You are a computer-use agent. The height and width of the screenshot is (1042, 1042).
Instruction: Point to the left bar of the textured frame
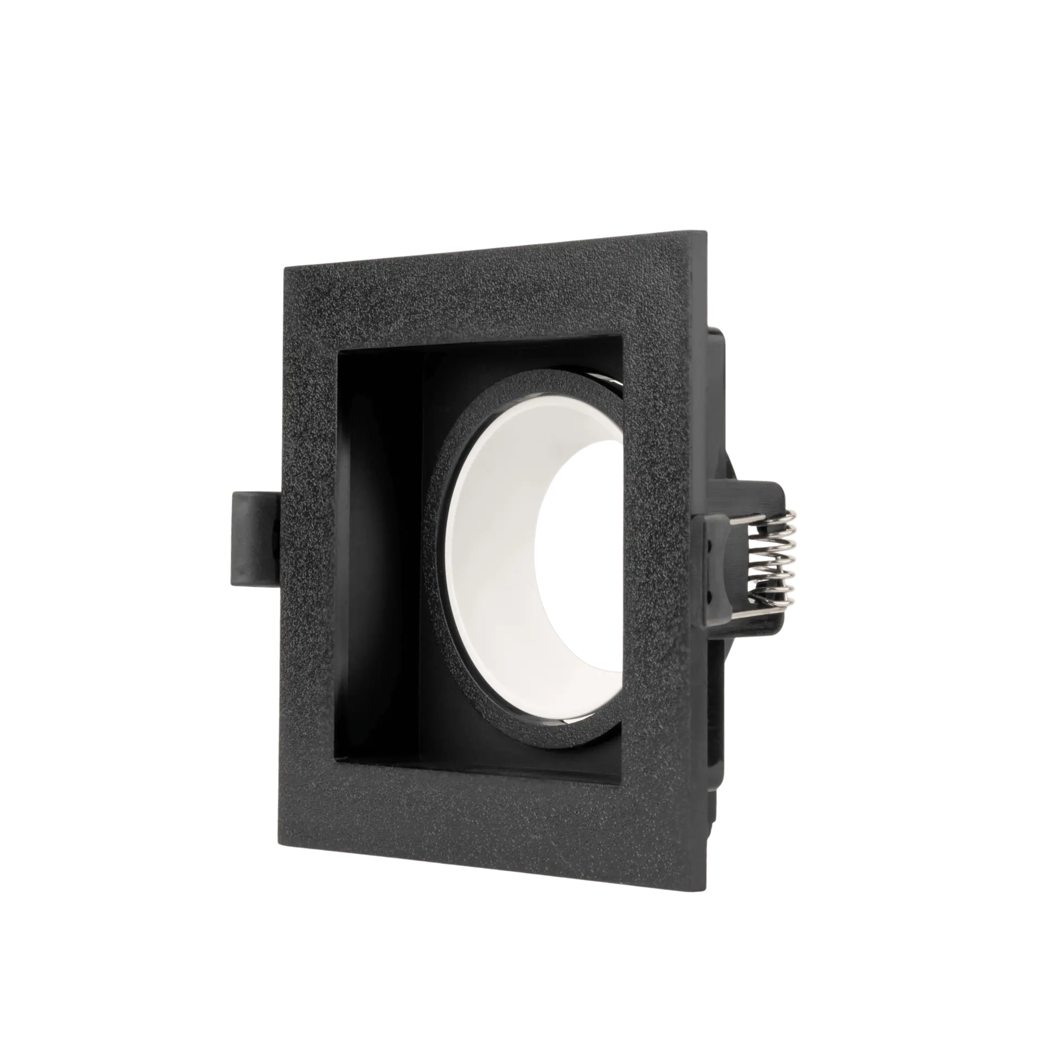[309, 543]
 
